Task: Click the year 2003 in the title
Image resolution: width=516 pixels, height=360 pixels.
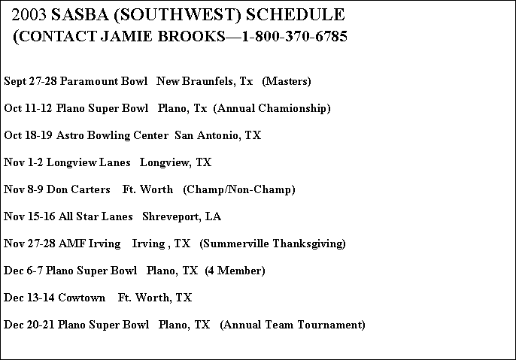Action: pos(29,15)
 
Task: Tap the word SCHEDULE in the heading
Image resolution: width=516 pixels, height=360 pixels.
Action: pos(295,15)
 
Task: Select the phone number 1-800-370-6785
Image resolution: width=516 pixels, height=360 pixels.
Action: pos(294,36)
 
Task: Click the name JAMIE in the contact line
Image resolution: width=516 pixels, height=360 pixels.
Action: pos(126,36)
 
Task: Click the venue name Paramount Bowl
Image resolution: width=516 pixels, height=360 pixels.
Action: pos(104,81)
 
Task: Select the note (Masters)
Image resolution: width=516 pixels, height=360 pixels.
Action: pos(287,81)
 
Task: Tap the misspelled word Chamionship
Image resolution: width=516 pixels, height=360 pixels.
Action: pos(294,108)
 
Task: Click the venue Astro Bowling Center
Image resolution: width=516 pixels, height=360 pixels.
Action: pos(112,135)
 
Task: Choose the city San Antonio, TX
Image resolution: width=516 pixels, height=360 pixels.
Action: pos(218,135)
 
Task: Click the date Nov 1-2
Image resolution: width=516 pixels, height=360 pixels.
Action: pos(23,162)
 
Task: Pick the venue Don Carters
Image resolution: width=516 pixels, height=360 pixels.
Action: pos(78,189)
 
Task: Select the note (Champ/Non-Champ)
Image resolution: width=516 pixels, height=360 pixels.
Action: pos(239,189)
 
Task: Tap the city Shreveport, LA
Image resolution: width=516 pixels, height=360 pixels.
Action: pos(182,216)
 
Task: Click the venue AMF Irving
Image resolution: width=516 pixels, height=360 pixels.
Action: pos(90,244)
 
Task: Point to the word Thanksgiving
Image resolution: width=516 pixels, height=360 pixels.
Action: pos(309,244)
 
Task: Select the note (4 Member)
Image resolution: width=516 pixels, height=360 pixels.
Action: pos(235,271)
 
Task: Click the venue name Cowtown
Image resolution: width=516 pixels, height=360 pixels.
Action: pos(81,298)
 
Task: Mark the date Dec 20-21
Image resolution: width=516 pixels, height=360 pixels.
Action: pos(29,325)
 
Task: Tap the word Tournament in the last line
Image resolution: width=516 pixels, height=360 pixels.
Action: pos(332,325)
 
